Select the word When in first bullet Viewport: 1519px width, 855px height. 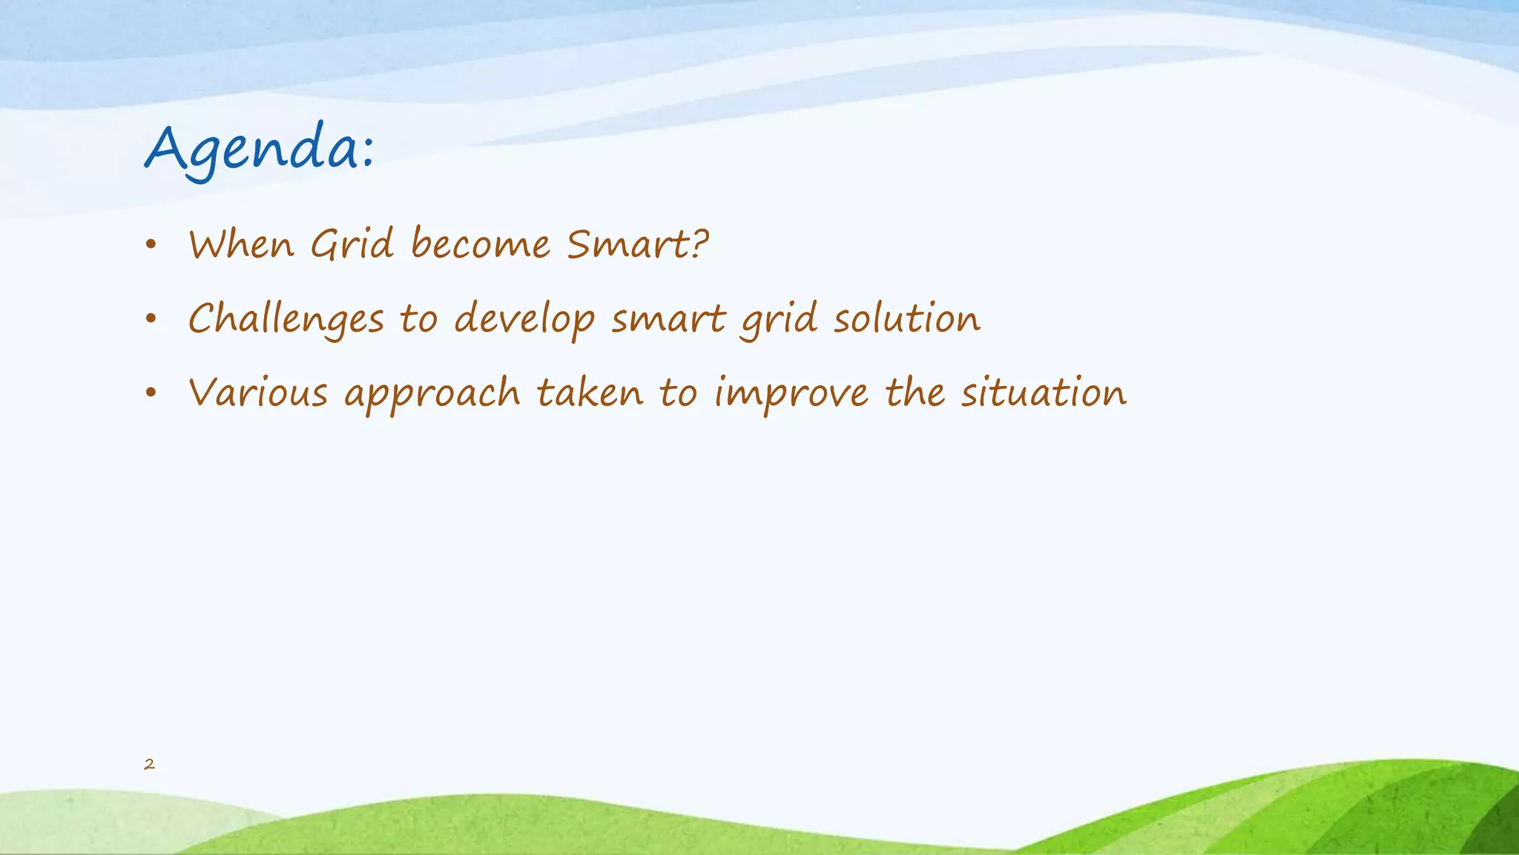[241, 244]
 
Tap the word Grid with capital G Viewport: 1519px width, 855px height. [352, 244]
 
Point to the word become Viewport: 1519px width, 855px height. [481, 244]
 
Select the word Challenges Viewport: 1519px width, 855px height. [286, 320]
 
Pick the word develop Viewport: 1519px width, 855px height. [524, 320]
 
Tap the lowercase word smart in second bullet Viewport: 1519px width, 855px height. [668, 320]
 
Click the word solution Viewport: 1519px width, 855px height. [906, 318]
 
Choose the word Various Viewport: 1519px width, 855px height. [258, 393]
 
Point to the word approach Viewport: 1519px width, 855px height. [432, 394]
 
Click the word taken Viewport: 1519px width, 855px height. [590, 393]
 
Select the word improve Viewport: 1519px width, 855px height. [791, 394]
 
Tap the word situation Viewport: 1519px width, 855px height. [1044, 393]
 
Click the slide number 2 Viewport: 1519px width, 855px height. [149, 764]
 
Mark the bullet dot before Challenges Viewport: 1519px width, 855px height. [151, 320]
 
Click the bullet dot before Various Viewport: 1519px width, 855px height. [151, 393]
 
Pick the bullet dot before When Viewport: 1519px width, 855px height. [151, 246]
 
